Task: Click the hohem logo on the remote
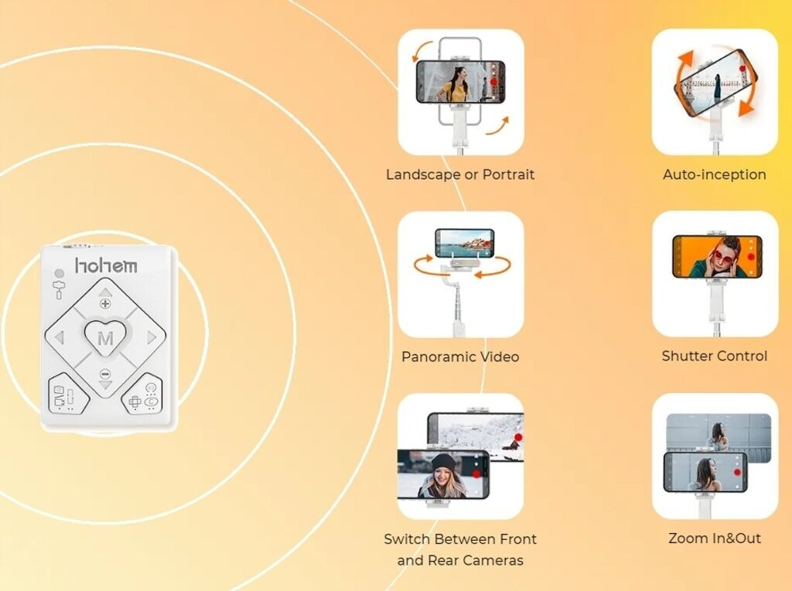point(106,265)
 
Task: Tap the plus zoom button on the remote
point(105,302)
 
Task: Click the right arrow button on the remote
point(150,337)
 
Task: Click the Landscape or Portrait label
point(460,175)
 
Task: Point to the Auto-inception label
point(714,175)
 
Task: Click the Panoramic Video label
point(460,357)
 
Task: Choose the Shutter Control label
point(714,357)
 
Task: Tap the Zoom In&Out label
point(714,538)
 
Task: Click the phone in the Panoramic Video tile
point(464,243)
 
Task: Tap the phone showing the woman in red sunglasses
point(717,258)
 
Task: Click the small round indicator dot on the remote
point(60,273)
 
